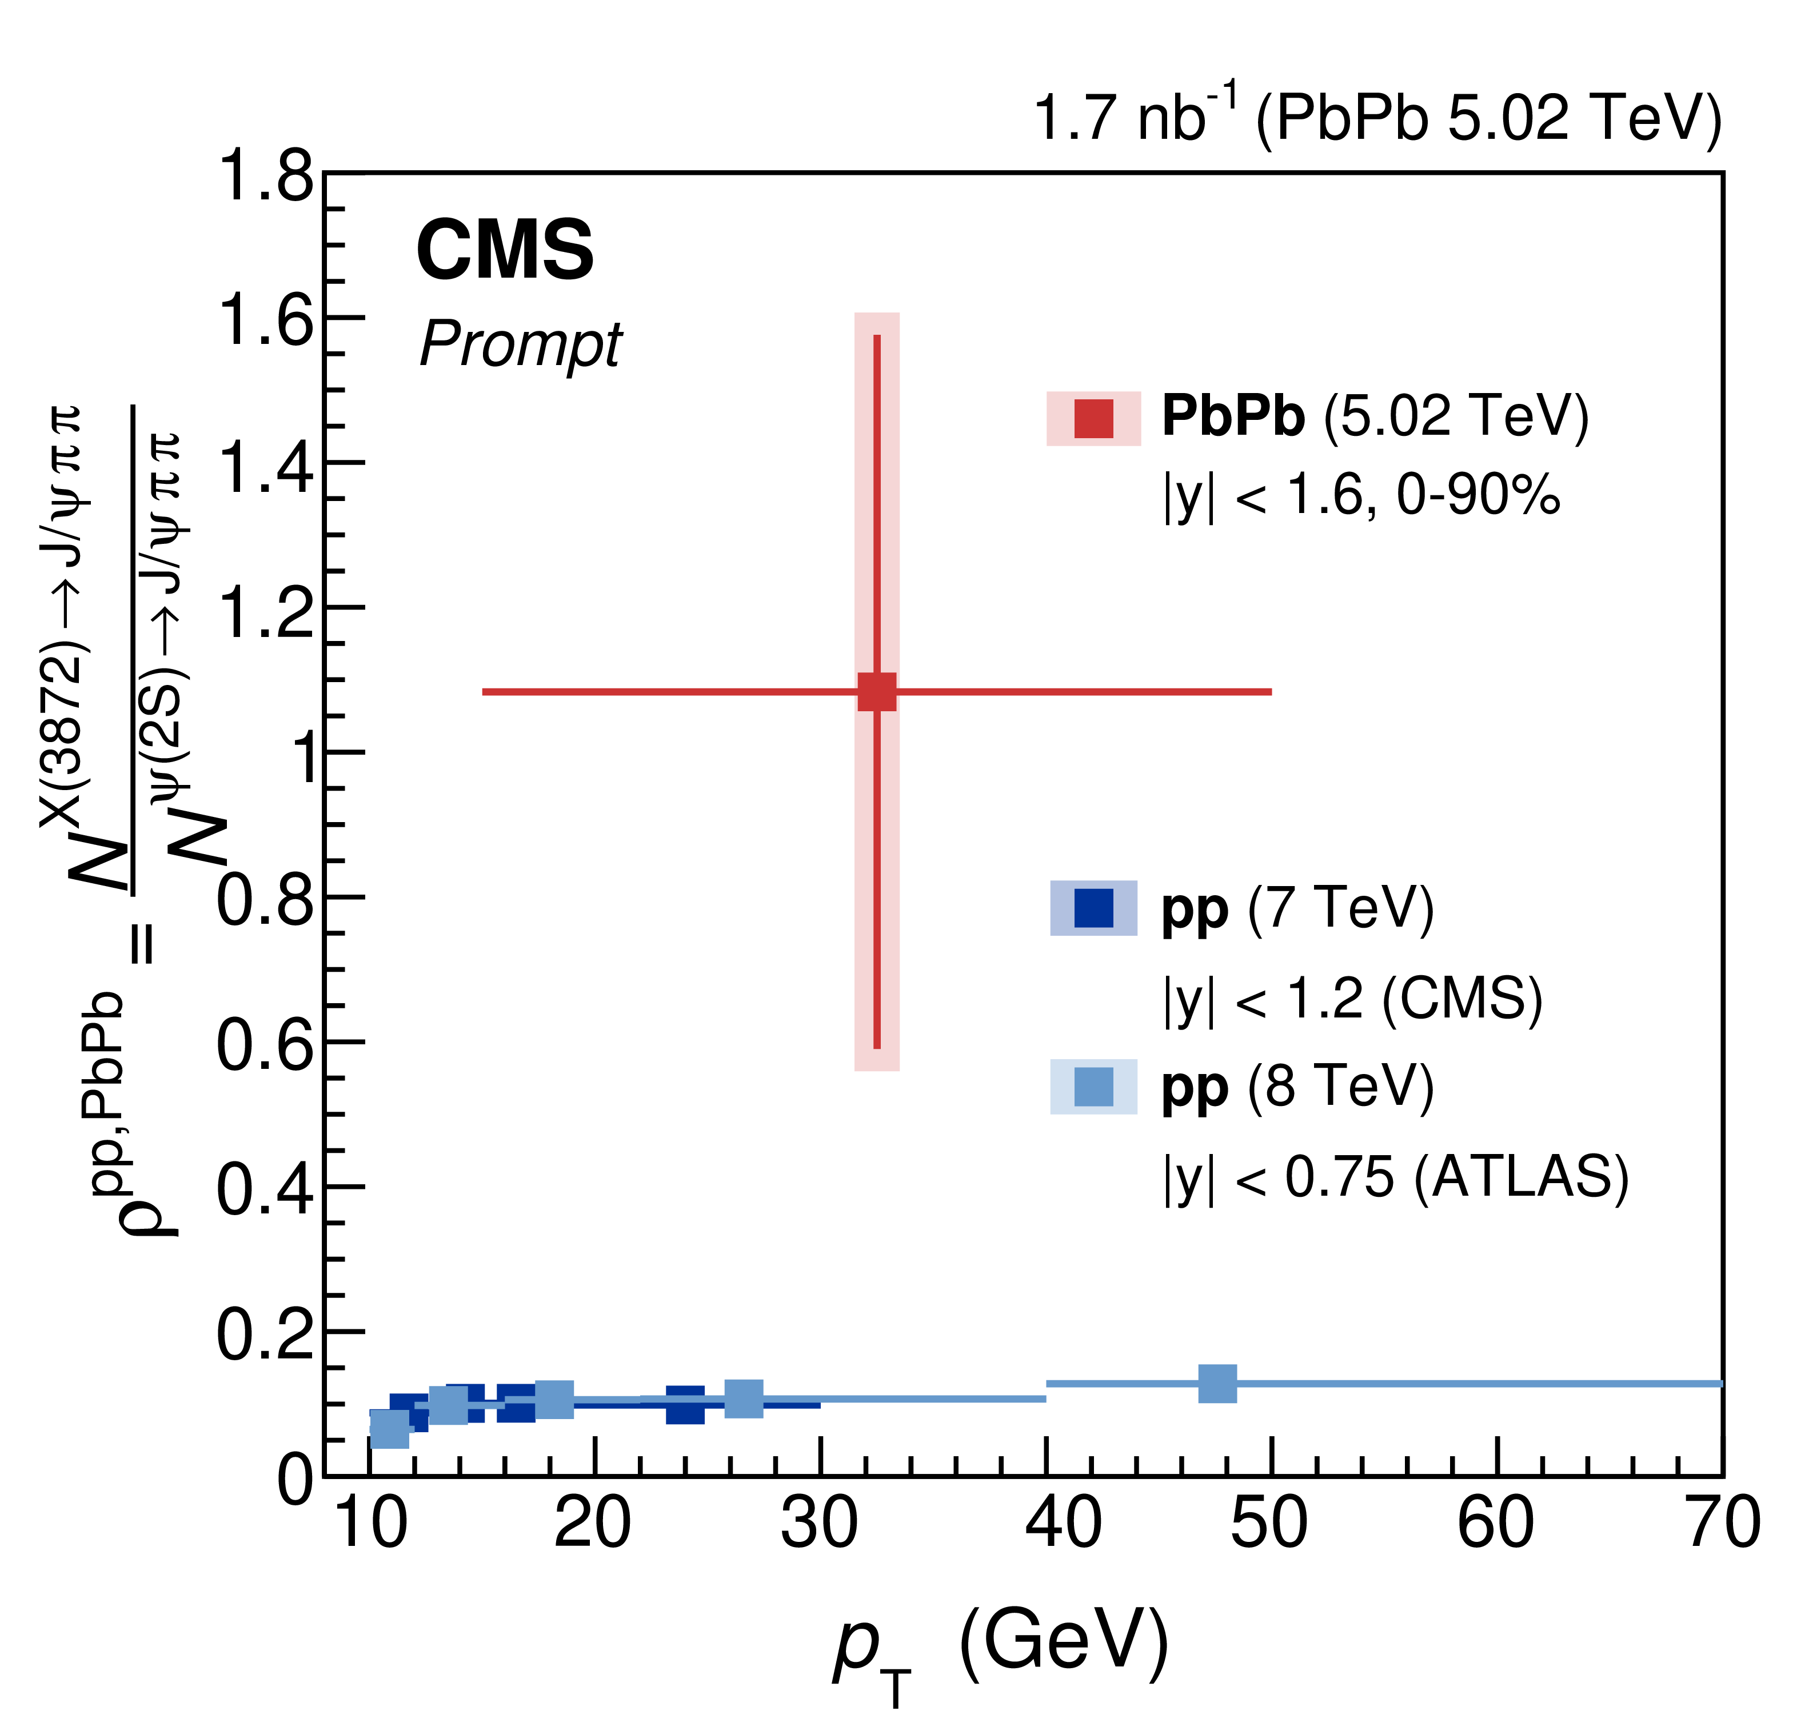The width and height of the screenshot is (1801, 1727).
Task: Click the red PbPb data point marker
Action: point(877,692)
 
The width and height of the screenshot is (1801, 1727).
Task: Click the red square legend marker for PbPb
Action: point(1093,419)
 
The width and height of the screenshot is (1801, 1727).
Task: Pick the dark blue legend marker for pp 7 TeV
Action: point(1093,908)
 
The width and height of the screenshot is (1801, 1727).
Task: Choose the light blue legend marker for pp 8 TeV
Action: point(1093,1087)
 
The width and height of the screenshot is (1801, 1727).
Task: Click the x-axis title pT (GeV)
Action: point(1001,1644)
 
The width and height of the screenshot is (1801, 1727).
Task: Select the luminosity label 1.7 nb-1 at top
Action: point(1376,118)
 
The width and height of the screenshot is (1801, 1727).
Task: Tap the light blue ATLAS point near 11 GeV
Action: point(390,1428)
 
